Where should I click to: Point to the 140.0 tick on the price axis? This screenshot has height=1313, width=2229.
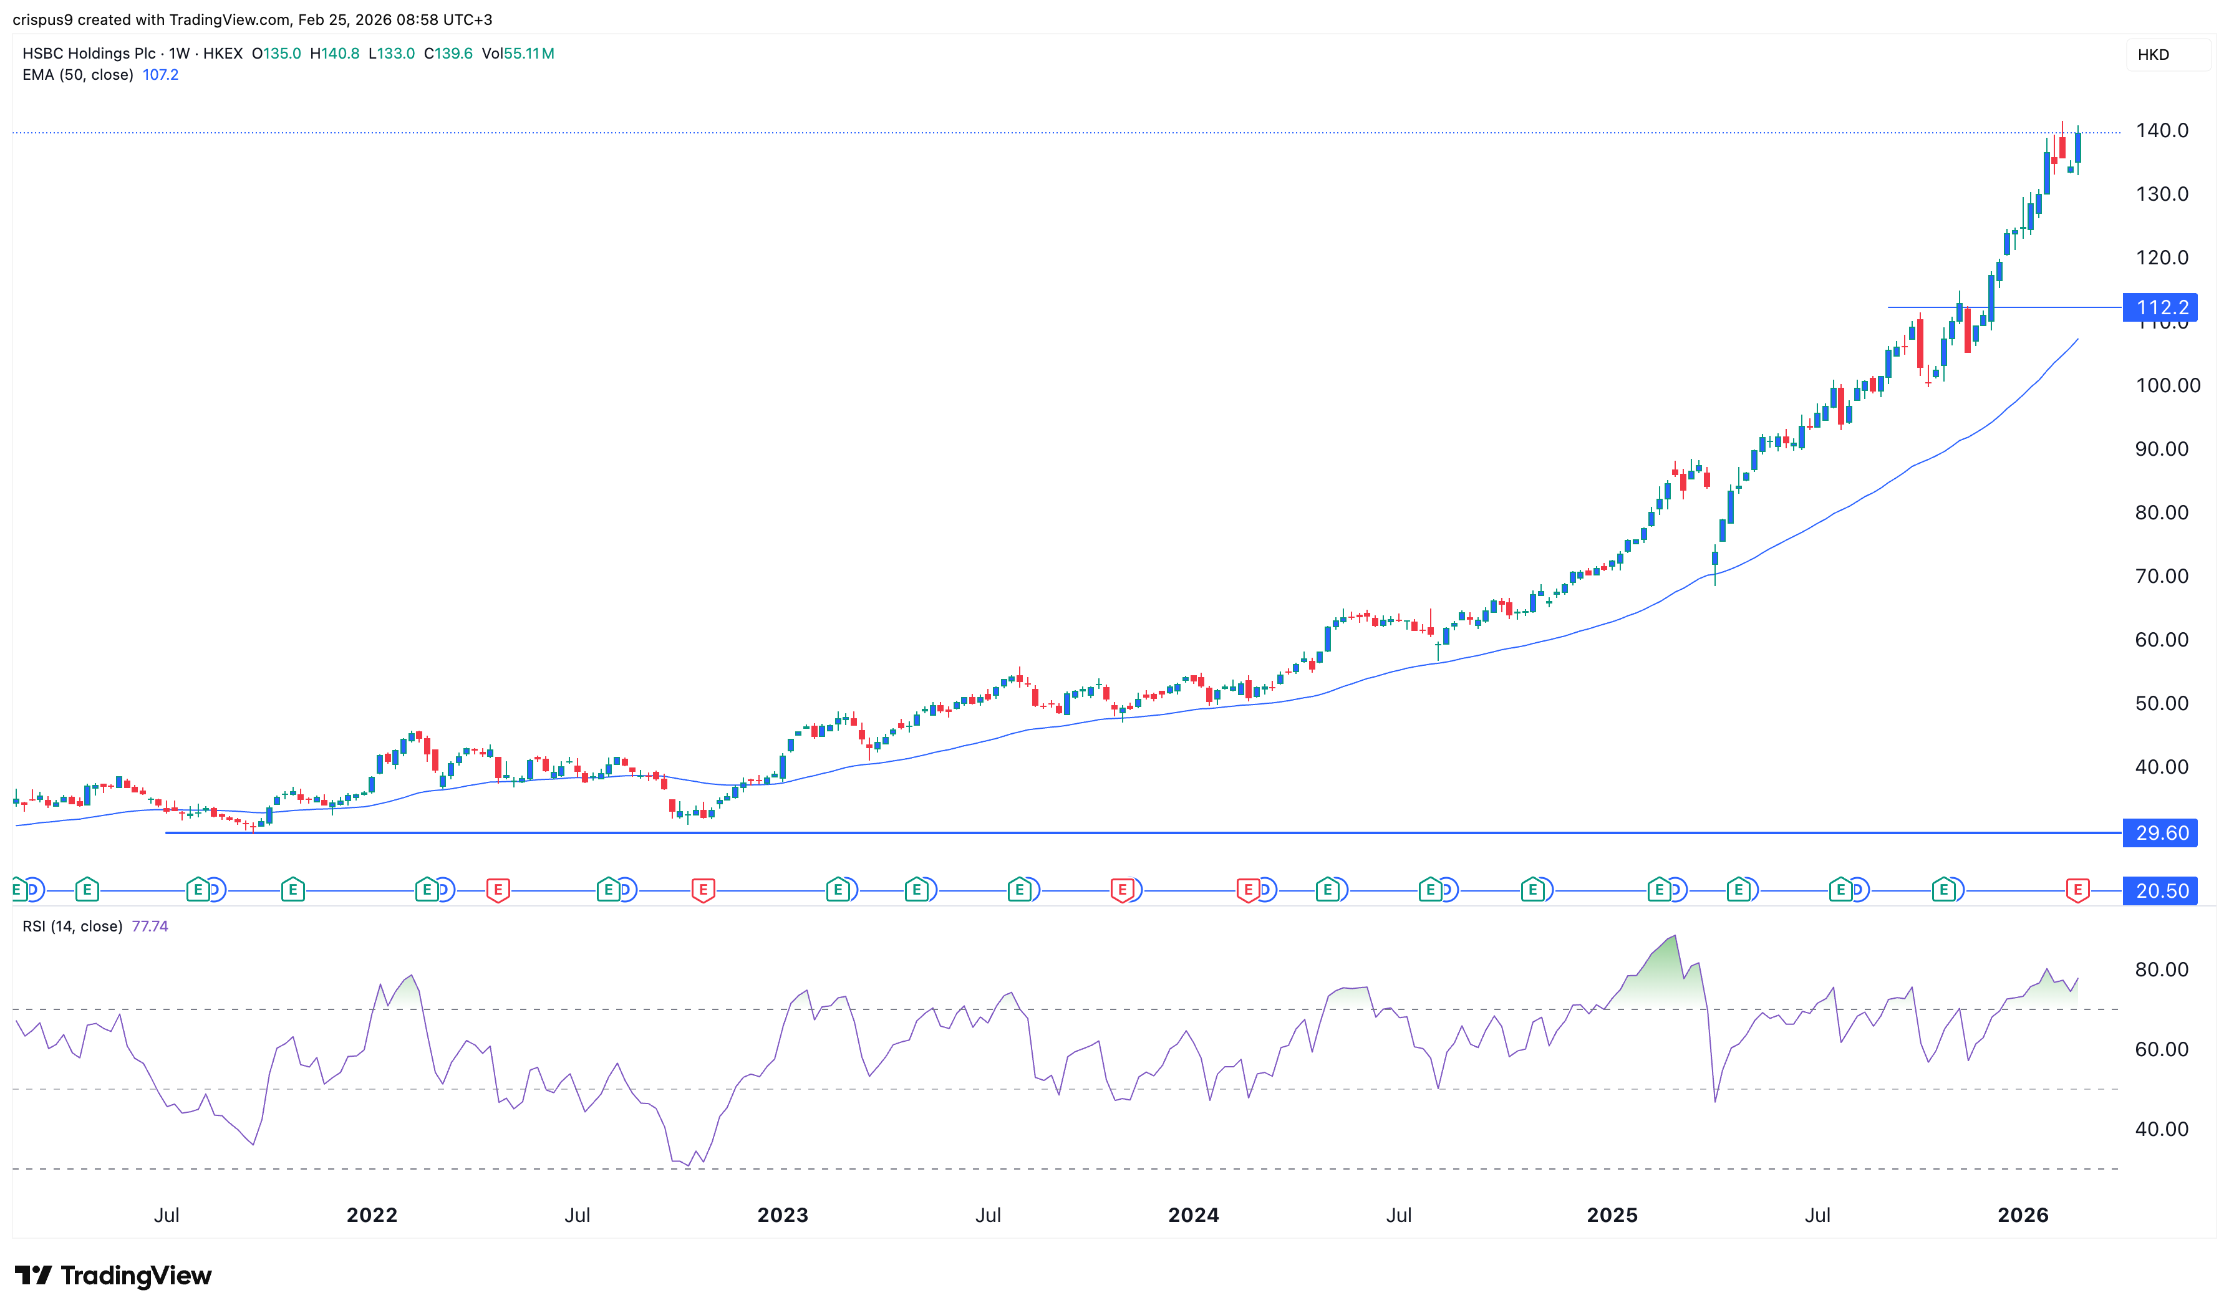tap(2161, 130)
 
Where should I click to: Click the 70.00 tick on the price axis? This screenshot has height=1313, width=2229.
tap(2161, 576)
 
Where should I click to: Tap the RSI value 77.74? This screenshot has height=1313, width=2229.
tap(150, 926)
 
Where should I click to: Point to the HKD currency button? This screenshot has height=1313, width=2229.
tap(2153, 55)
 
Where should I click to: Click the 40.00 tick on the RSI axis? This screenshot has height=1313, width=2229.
tap(2161, 1129)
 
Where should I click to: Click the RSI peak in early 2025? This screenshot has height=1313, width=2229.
tap(1674, 937)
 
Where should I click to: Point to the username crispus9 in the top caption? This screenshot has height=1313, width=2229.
tap(42, 19)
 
